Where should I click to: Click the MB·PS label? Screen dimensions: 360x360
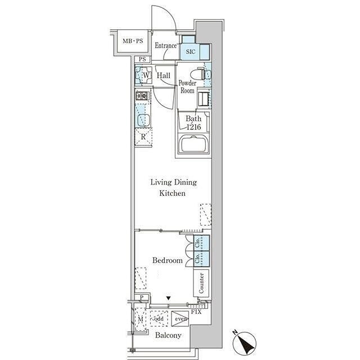(133, 41)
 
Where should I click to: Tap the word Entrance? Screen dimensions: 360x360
(165, 46)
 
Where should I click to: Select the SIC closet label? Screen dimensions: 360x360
(191, 52)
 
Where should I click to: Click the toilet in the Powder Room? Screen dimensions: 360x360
(197, 74)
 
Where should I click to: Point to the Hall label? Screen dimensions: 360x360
(163, 75)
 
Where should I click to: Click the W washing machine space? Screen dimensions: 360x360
(144, 75)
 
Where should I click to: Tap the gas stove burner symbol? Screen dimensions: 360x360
(142, 96)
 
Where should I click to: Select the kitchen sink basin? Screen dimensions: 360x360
(143, 119)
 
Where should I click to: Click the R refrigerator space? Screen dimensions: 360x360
(143, 137)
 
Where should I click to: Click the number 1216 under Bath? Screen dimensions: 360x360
(193, 127)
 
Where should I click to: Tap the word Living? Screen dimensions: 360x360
(161, 182)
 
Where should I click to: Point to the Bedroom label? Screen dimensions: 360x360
(168, 260)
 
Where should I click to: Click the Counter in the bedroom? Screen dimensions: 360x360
(201, 283)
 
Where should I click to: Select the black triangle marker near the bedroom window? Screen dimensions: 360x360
(169, 299)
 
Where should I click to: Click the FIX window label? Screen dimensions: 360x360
(196, 312)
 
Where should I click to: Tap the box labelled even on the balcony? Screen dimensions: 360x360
(180, 318)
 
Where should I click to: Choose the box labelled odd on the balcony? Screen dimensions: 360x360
(159, 318)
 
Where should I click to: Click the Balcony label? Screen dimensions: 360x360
(168, 335)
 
